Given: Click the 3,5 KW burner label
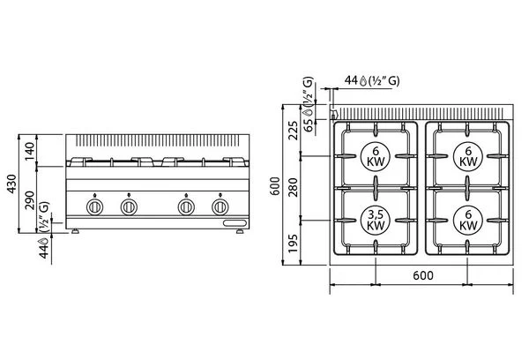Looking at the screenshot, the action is [x=376, y=220].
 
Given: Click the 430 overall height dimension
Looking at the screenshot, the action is [x=11, y=184].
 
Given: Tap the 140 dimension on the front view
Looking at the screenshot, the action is [x=30, y=151].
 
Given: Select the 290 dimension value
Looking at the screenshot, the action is [x=30, y=200].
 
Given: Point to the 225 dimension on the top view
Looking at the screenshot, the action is [x=294, y=131].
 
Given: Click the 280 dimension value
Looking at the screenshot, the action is [x=294, y=187].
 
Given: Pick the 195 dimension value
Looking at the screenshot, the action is [x=294, y=244].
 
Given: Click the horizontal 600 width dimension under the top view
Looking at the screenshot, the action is [x=422, y=275].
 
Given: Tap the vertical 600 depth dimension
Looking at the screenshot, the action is [x=276, y=186].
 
